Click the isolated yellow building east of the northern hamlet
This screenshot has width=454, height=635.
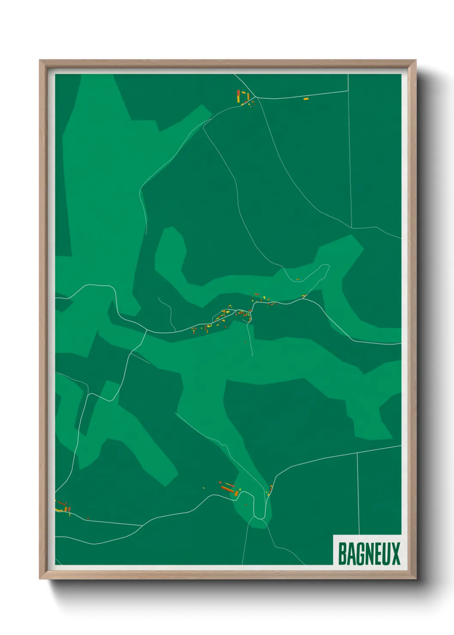coord(306,99)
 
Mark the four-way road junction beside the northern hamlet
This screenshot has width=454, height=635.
coord(256,98)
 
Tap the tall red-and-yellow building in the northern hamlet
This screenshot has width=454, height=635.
coord(238,95)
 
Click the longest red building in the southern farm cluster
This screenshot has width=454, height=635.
coord(227,489)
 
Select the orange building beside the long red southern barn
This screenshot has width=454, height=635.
coord(236,493)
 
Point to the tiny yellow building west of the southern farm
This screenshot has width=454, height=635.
coord(204,487)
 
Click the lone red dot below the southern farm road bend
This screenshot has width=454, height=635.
coord(246,505)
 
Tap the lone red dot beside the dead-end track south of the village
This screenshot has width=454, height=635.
coord(245,342)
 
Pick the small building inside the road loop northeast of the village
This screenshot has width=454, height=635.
coord(298,280)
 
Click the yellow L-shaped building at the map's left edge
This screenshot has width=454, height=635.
coord(58,510)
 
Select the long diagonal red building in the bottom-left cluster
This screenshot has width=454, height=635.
coord(62,503)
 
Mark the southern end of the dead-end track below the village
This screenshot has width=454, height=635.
coord(252,356)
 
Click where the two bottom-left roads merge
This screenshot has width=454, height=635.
coord(142,525)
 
